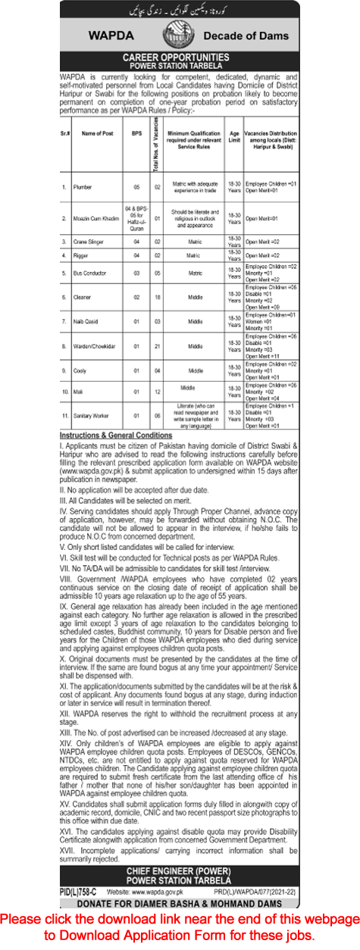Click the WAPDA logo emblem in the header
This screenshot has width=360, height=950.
click(x=180, y=35)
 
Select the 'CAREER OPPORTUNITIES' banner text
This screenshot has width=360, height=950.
click(x=180, y=57)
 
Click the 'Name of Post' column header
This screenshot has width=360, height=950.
click(x=97, y=132)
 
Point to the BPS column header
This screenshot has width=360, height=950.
click(x=136, y=132)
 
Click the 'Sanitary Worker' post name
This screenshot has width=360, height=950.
click(x=93, y=416)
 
